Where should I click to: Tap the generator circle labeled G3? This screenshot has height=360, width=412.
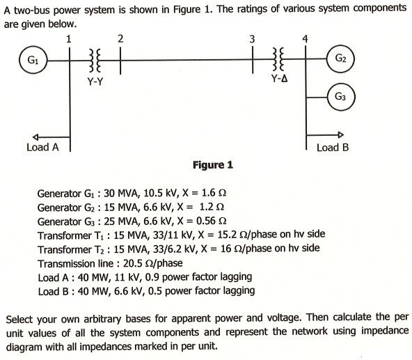tap(340, 96)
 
